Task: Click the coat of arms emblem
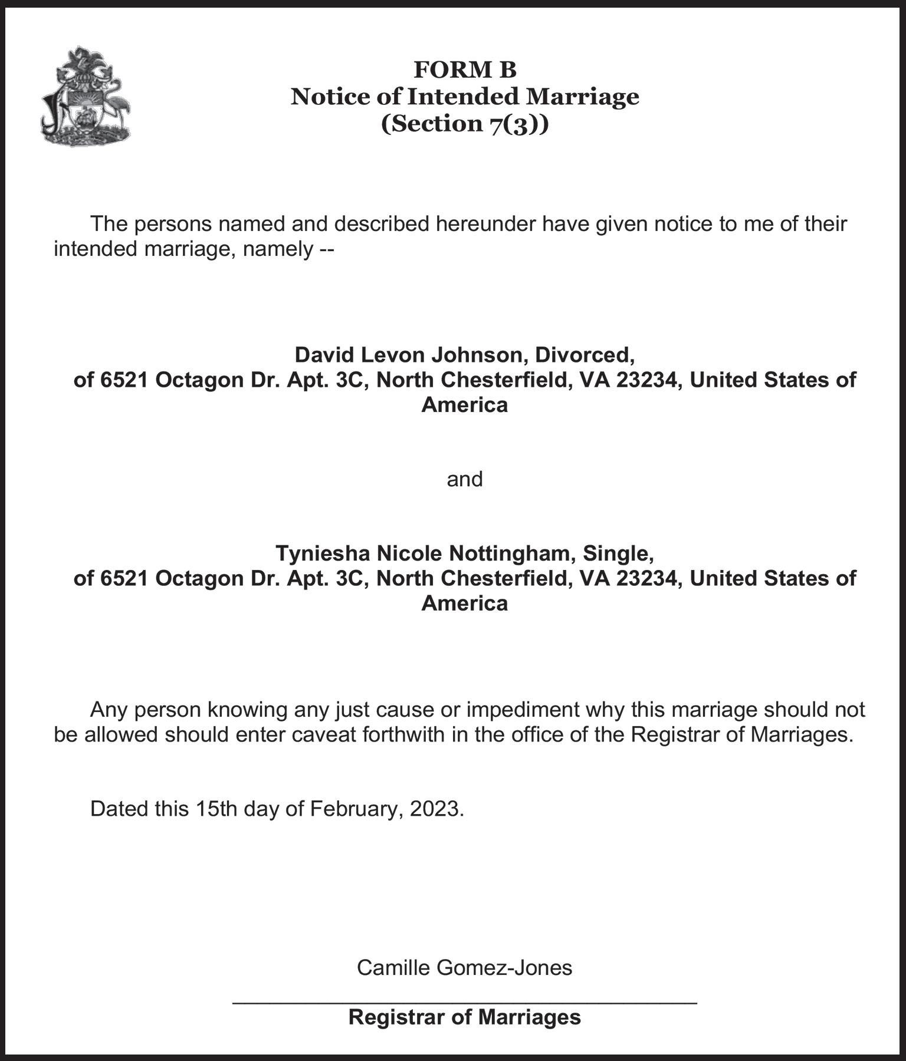coord(86,97)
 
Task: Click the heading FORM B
coord(465,70)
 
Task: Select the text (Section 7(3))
coord(465,124)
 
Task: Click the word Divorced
coord(584,355)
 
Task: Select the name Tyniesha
coord(323,553)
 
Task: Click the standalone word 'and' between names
coord(465,479)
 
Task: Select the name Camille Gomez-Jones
coord(465,967)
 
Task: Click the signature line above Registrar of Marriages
coord(465,1001)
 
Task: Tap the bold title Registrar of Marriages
coord(465,1017)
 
